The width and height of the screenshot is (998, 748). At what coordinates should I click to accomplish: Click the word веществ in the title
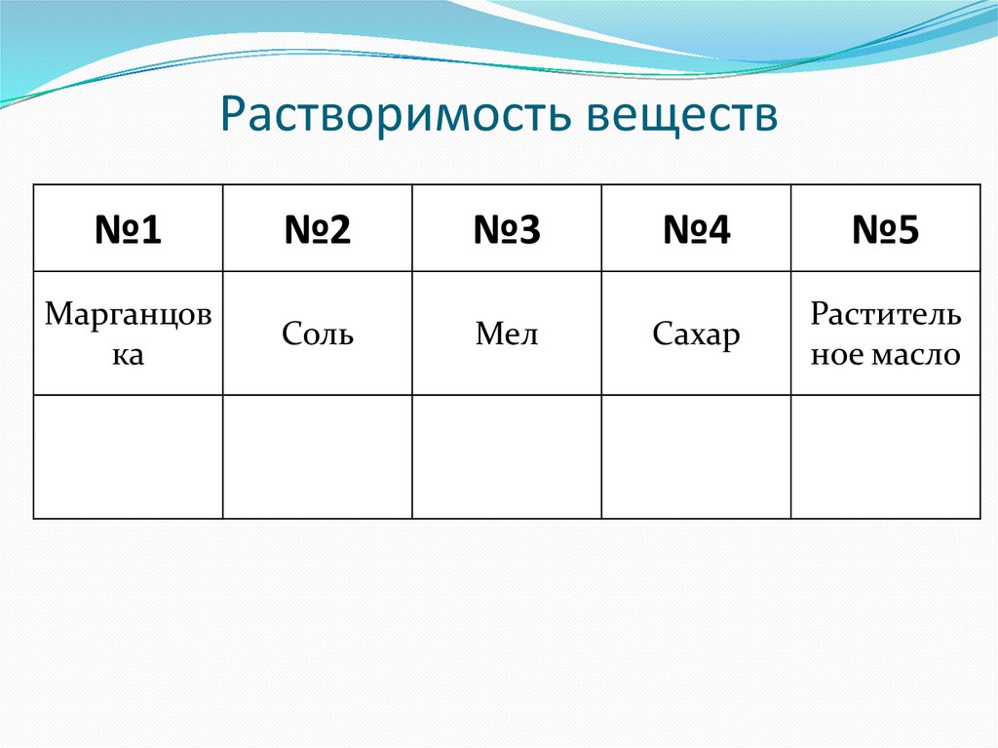click(681, 115)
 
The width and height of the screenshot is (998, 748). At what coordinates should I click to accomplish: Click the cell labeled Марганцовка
click(128, 334)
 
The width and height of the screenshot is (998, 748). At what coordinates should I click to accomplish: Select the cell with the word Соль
click(318, 335)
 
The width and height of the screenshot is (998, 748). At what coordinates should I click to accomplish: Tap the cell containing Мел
click(507, 335)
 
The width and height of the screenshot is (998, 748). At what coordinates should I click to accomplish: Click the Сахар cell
click(696, 335)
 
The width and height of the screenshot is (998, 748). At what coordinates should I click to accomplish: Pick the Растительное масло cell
click(885, 334)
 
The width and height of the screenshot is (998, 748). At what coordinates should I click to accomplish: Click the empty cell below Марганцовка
click(128, 456)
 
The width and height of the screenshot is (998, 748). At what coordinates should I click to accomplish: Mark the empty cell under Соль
click(318, 456)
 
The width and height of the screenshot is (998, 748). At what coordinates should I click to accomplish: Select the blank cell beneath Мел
click(507, 456)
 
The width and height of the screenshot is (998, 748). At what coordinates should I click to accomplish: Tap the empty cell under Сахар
click(696, 456)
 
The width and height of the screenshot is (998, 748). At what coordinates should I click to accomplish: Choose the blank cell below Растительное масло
click(885, 456)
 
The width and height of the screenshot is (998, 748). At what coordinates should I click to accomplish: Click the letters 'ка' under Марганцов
click(128, 355)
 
